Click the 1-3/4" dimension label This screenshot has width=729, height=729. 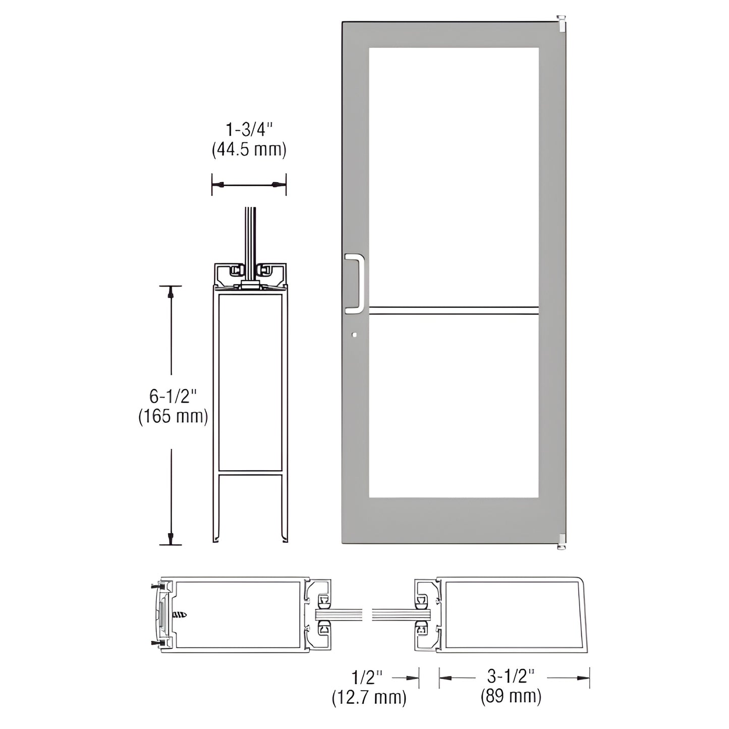(x=249, y=131)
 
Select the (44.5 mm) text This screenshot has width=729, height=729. (x=249, y=150)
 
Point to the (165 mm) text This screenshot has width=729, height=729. (x=173, y=417)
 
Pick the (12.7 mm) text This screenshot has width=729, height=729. (x=369, y=697)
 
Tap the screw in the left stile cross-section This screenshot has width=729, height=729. (x=180, y=615)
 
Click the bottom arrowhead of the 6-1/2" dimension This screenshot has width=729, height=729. (x=171, y=538)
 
